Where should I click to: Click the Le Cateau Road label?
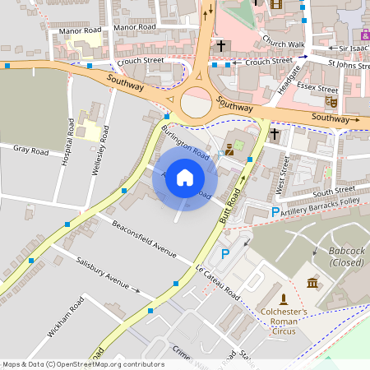point(217,282)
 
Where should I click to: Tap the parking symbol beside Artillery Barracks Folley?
point(275,212)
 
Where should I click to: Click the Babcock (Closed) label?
point(346,256)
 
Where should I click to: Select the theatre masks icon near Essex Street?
point(331,100)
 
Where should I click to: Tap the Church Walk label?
point(284,44)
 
